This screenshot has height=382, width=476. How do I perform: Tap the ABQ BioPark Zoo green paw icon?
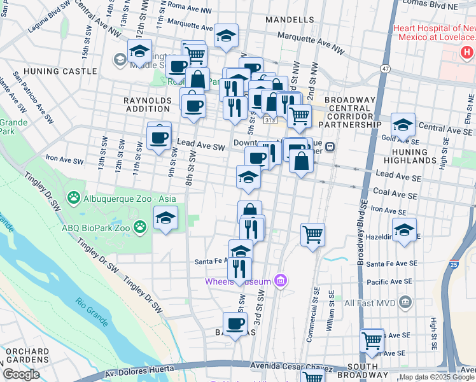point(140,226)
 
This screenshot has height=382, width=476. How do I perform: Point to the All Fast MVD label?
point(372,304)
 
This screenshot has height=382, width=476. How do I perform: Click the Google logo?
point(20,374)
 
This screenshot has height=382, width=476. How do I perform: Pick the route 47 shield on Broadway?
point(386,67)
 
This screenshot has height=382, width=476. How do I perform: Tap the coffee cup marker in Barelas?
point(235,323)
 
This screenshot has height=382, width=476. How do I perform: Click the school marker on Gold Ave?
point(403,125)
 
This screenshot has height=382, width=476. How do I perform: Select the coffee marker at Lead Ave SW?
point(159,137)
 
